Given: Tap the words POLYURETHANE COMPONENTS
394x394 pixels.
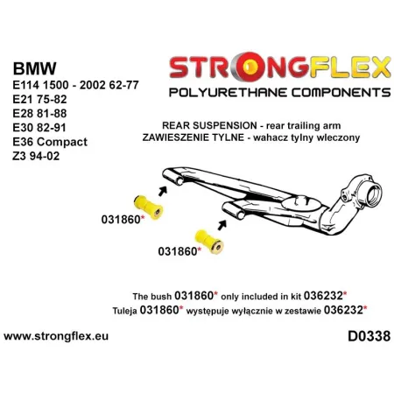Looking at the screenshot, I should [267, 90].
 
